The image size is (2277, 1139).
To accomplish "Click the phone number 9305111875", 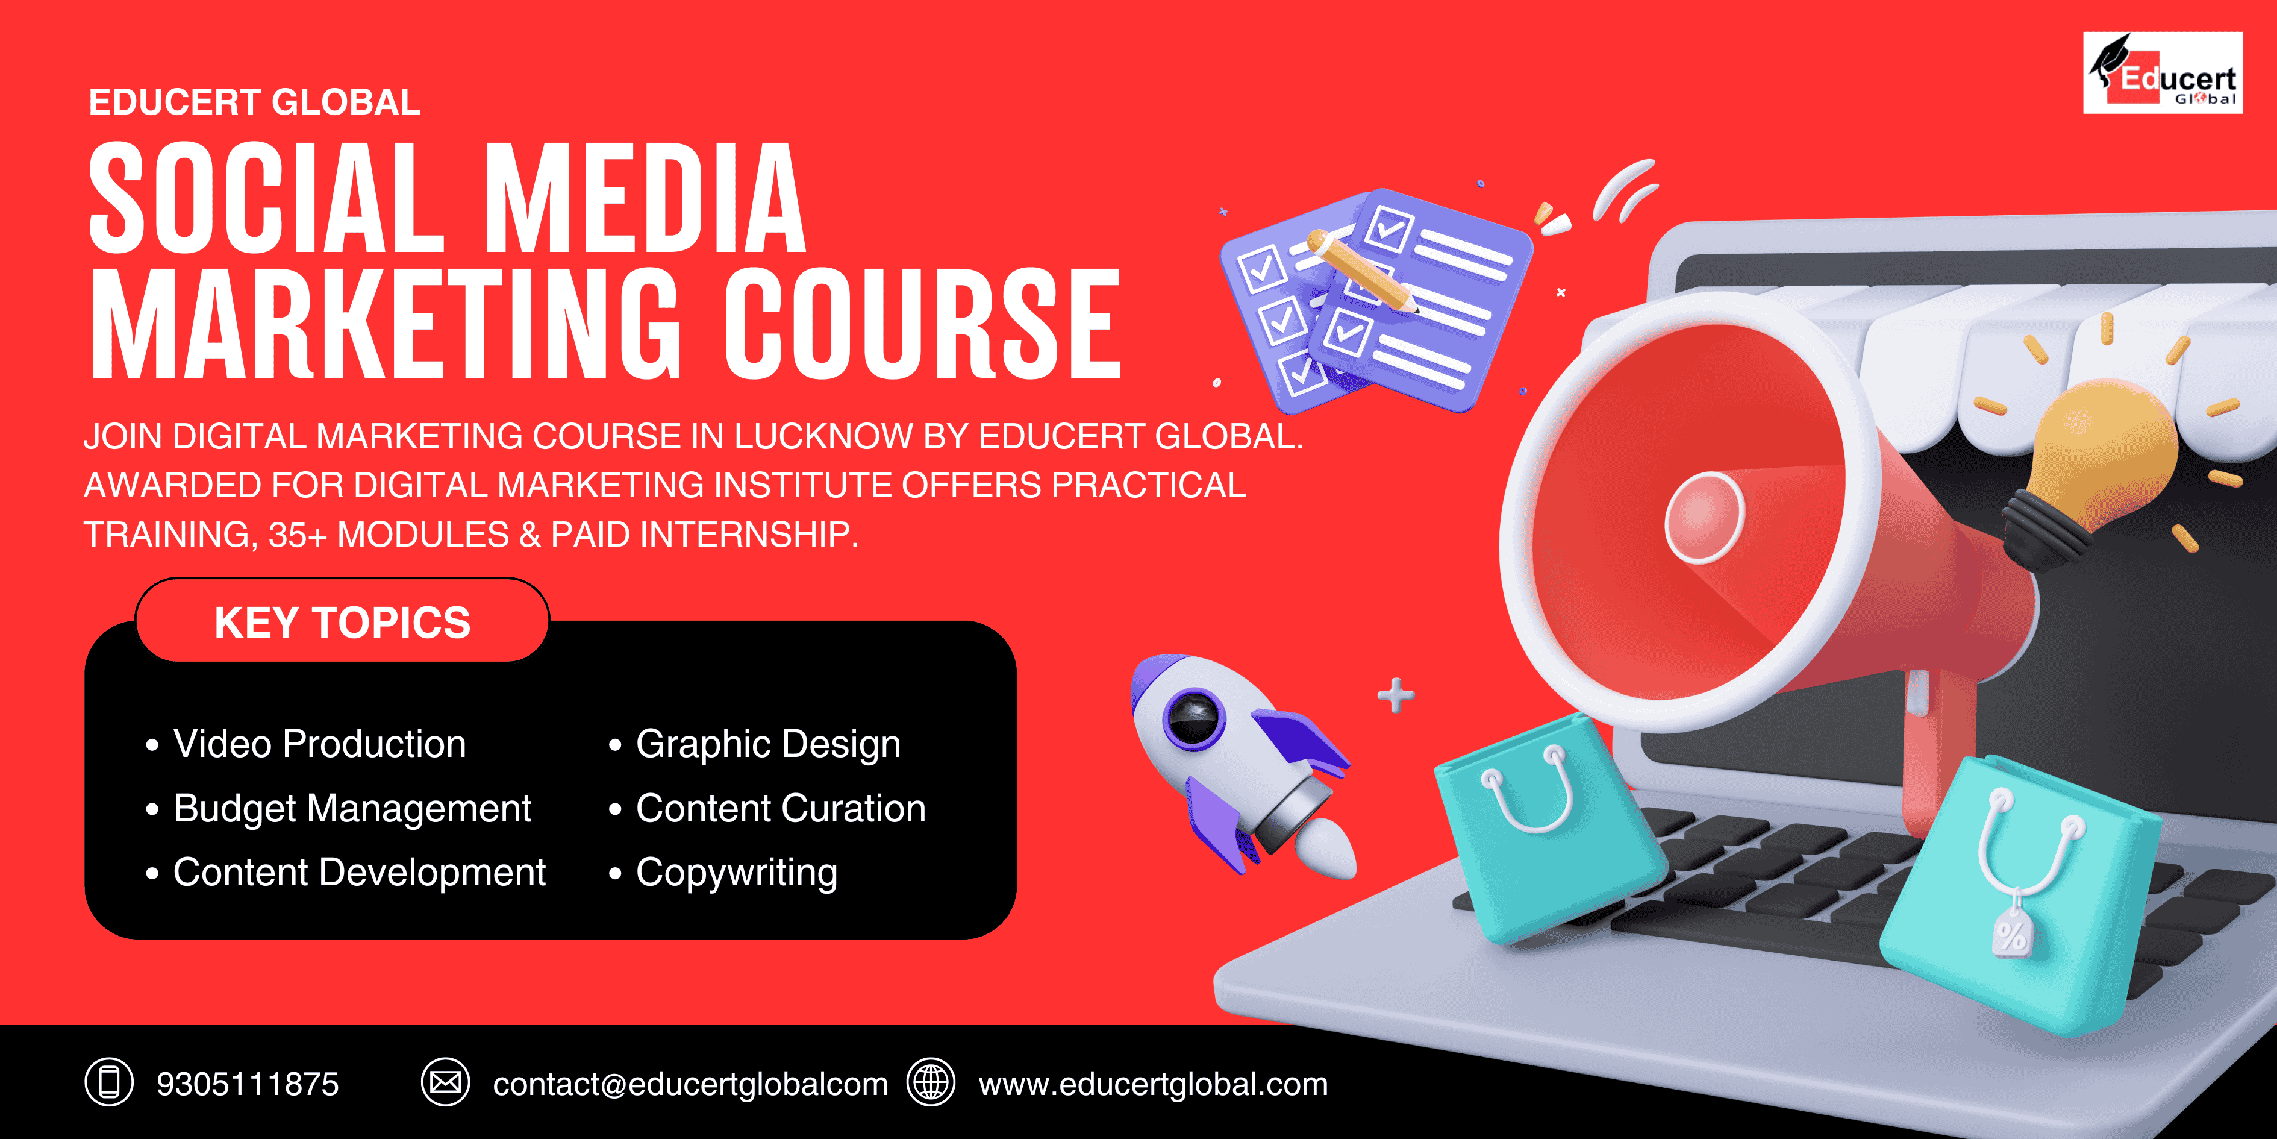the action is coord(248,1084).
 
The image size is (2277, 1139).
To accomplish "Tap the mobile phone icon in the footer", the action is coord(108,1082).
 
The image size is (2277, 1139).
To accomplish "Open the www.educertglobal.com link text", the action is coord(1152,1084).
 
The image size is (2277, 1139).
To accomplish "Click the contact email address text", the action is coord(690,1084).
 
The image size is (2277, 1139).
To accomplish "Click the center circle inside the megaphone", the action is coord(1704,517).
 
